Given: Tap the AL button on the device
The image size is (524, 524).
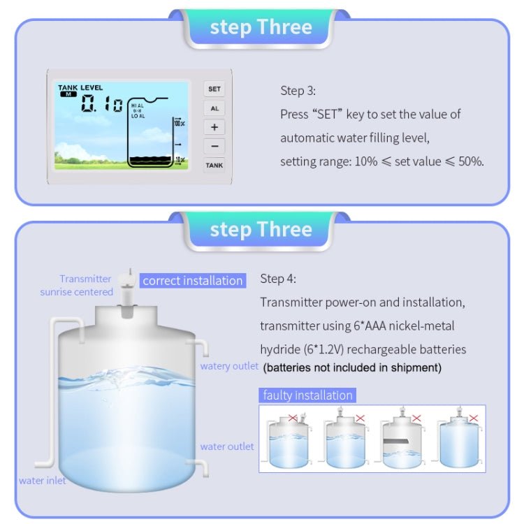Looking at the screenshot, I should tap(214, 109).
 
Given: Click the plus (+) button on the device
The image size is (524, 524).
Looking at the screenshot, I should tap(214, 127).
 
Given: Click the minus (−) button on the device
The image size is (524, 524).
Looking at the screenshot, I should tap(214, 146).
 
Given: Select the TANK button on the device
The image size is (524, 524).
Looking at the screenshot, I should tap(214, 166).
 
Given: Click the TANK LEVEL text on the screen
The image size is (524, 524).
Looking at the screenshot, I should tap(80, 88).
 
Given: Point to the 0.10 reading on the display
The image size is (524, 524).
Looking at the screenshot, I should tap(102, 105).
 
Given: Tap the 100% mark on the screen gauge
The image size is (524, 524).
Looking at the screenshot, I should tap(179, 123).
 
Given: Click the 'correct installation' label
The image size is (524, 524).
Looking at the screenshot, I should tap(192, 281).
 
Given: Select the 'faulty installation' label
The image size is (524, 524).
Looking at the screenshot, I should tap(307, 395).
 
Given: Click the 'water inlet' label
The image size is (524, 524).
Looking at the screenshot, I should tap(42, 480).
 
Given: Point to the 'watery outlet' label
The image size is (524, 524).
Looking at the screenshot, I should tap(229, 366).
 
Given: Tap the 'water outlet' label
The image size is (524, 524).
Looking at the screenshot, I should tap(227, 446).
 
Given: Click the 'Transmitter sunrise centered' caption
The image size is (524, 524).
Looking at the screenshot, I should tap(76, 285).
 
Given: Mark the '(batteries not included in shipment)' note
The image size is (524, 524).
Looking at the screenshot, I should tap(352, 367).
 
